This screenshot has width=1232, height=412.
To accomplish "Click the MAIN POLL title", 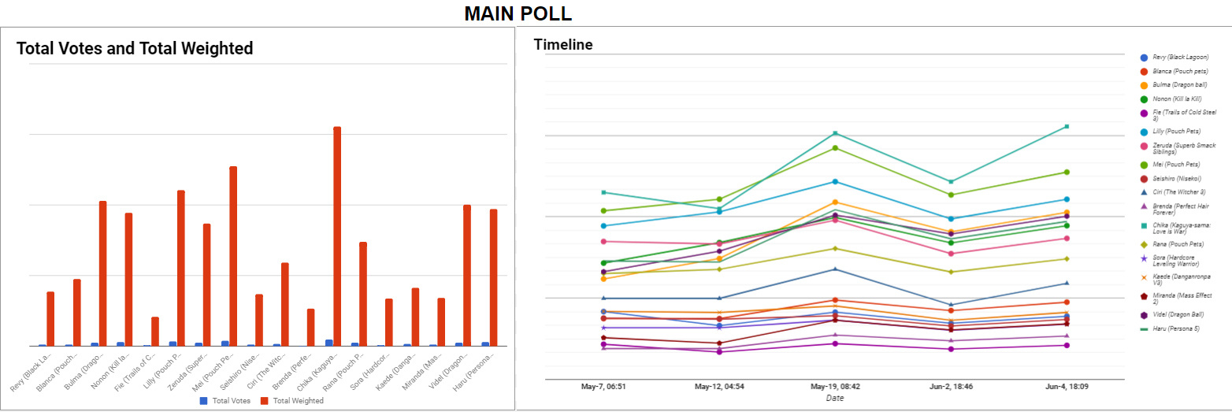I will pyautogui.click(x=518, y=13).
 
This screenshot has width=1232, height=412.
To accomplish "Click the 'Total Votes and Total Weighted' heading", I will pyautogui.click(x=135, y=49).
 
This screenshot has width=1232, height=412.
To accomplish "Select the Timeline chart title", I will pyautogui.click(x=563, y=45).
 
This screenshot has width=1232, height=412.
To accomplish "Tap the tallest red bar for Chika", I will pyautogui.click(x=337, y=236).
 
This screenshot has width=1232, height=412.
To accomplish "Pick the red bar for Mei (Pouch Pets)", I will pyautogui.click(x=233, y=256).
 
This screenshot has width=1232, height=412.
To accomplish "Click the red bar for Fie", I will pyautogui.click(x=155, y=331).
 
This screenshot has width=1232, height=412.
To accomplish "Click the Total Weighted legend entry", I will pyautogui.click(x=291, y=401).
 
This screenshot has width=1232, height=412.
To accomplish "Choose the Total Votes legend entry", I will pyautogui.click(x=225, y=401).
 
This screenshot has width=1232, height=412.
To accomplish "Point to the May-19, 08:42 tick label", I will pyautogui.click(x=836, y=388).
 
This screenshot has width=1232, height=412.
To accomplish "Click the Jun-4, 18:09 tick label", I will pyautogui.click(x=1067, y=388).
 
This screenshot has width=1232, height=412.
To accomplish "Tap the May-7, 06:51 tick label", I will pyautogui.click(x=603, y=388).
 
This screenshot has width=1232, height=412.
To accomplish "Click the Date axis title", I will pyautogui.click(x=835, y=399).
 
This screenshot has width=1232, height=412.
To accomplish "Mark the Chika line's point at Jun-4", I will pyautogui.click(x=1067, y=126).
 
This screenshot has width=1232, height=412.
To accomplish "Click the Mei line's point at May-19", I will pyautogui.click(x=836, y=148).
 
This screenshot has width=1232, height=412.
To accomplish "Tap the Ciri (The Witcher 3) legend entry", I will pyautogui.click(x=1178, y=191).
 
